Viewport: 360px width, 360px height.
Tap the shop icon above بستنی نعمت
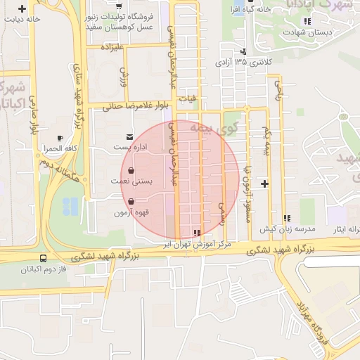(x=131, y=169)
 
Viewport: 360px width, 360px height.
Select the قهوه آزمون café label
(x=111, y=212)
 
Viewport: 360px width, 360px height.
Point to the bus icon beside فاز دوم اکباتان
(x=44, y=259)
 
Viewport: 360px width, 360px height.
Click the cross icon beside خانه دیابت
(x=24, y=9)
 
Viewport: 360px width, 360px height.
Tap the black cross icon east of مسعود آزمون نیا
(x=264, y=184)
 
